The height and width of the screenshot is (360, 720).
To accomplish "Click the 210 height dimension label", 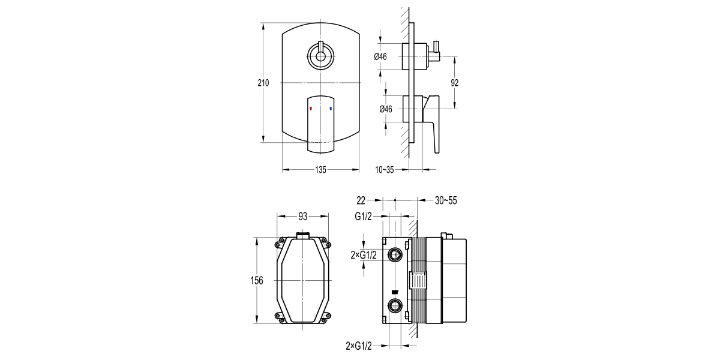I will pos(263,83).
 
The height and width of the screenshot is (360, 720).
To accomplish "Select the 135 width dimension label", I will pos(320,170).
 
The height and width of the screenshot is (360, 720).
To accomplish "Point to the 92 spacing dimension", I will pos(455,83).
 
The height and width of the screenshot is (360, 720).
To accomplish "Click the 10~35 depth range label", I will pos(385,170).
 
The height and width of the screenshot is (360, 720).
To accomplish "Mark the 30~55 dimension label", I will pos(446,200).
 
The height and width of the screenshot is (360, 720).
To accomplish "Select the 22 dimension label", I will pos(361,200).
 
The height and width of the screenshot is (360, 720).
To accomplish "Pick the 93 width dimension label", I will pos(303,215).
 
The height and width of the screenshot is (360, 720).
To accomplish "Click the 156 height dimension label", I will pos(257,281).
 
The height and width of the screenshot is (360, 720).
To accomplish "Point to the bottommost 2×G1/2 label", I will pos(359,346).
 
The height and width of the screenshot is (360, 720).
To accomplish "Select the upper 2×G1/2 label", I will pos(364,255).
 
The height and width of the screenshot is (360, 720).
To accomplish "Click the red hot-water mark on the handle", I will pos(311,109).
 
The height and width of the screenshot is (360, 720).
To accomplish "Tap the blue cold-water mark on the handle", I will pos(331,109).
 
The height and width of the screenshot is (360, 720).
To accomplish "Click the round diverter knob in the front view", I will pos(320,58).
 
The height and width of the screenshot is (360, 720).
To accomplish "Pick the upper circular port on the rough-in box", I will pos(395,256).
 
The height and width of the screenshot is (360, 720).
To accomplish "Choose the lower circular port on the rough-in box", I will pos(395,307).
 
